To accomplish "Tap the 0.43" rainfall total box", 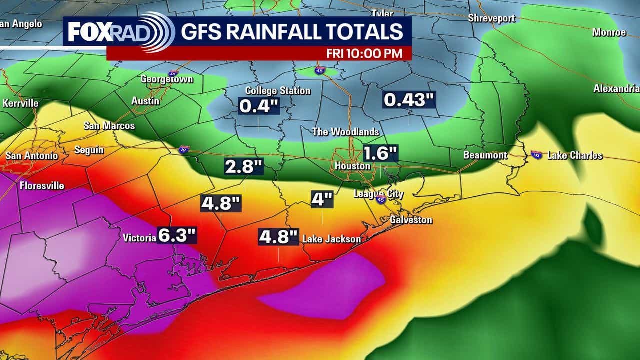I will pyautogui.click(x=408, y=100).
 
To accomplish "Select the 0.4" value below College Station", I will pyautogui.click(x=258, y=106).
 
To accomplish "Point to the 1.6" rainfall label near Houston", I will pyautogui.click(x=380, y=153).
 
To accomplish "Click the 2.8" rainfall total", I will pyautogui.click(x=244, y=167).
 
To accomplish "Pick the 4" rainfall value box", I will pyautogui.click(x=322, y=199).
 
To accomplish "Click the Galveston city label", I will pyautogui.click(x=411, y=220).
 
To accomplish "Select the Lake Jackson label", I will pyautogui.click(x=331, y=239).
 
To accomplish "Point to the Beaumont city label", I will pyautogui.click(x=485, y=155).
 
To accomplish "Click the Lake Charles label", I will pyautogui.click(x=575, y=155).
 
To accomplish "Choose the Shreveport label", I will pyautogui.click(x=491, y=18).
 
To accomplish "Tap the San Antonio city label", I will pyautogui.click(x=31, y=156).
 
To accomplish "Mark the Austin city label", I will pyautogui.click(x=145, y=101).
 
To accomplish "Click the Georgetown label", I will pyautogui.click(x=167, y=79).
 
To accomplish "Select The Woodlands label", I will pyautogui.click(x=345, y=132).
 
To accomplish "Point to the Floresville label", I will pyautogui.click(x=42, y=186).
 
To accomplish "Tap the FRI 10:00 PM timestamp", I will pyautogui.click(x=364, y=53).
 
